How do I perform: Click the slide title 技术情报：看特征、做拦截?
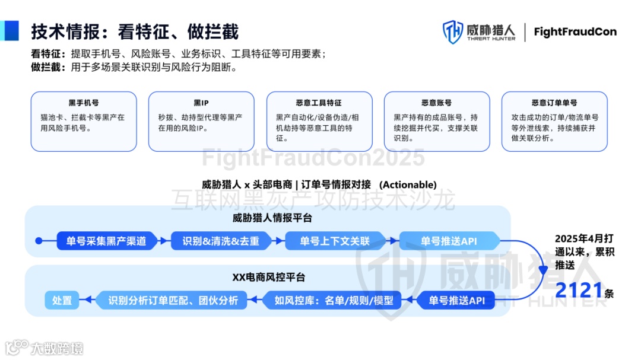(x=135, y=31)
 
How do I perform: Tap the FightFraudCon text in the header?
(x=575, y=32)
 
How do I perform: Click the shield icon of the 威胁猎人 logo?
(x=453, y=32)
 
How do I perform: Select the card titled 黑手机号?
(x=84, y=121)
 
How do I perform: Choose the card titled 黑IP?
(x=201, y=121)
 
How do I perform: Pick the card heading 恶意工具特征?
(x=319, y=103)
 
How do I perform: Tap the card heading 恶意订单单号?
(x=554, y=103)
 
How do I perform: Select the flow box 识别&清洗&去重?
(x=221, y=241)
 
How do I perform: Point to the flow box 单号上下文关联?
(x=335, y=241)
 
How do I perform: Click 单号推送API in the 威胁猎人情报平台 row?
(x=449, y=241)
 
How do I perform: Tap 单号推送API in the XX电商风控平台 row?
(x=456, y=301)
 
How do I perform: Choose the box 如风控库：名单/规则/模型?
(x=334, y=301)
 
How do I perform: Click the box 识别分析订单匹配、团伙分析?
(x=173, y=301)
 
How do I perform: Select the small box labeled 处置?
(x=62, y=301)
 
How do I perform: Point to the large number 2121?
(x=579, y=291)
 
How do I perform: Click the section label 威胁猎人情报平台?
(x=272, y=218)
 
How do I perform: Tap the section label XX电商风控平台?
(x=268, y=277)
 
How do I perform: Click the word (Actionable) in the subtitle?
(x=408, y=184)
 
